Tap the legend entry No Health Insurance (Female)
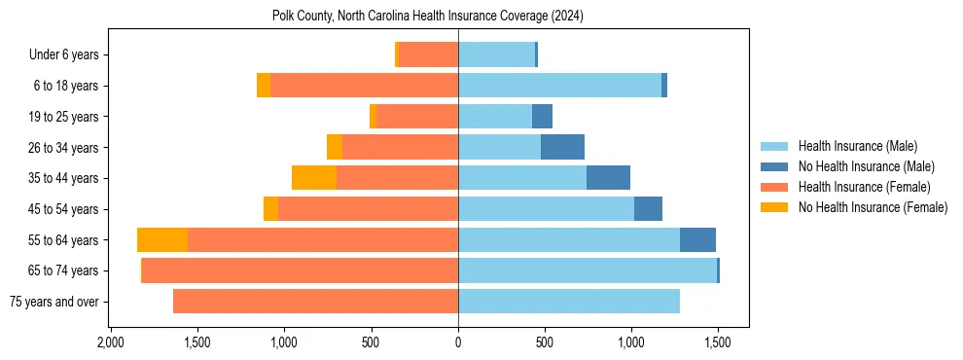pyautogui.click(x=873, y=207)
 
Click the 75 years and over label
pyautogui.click(x=53, y=302)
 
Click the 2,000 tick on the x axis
pyautogui.click(x=110, y=343)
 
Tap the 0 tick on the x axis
pyautogui.click(x=458, y=343)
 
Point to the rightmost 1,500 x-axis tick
pyautogui.click(x=718, y=343)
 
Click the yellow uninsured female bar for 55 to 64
pyautogui.click(x=162, y=240)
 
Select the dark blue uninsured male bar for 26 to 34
pyautogui.click(x=562, y=147)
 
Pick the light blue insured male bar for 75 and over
pyautogui.click(x=569, y=302)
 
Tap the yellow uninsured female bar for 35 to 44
pyautogui.click(x=314, y=178)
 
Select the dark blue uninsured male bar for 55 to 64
pyautogui.click(x=697, y=240)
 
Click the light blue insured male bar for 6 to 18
pyautogui.click(x=559, y=86)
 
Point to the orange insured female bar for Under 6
pyautogui.click(x=428, y=54)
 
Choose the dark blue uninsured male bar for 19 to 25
pyautogui.click(x=542, y=117)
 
